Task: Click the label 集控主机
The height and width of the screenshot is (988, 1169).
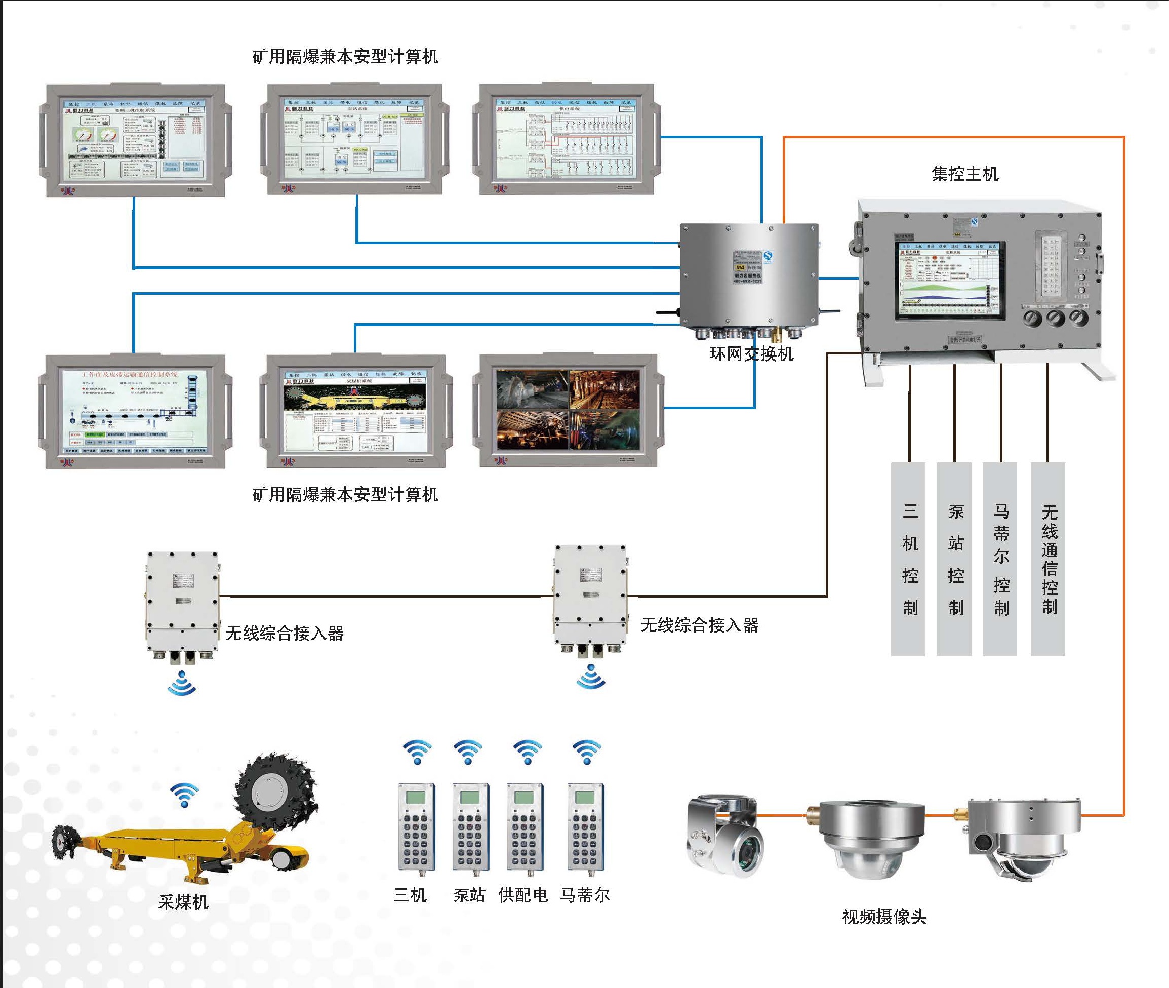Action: click(964, 174)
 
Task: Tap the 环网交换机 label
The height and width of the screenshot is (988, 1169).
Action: click(751, 354)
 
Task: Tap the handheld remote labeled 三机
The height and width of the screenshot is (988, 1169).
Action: click(416, 827)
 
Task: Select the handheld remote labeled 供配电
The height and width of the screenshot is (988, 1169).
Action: click(525, 827)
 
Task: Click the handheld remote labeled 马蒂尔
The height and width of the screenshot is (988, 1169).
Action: click(586, 827)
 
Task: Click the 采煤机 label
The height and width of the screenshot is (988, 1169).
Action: click(183, 902)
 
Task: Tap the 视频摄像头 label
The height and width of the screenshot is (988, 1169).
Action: click(884, 917)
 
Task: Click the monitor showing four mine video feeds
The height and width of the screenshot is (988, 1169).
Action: click(567, 410)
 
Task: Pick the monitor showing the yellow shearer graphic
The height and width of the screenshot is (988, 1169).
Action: click(355, 411)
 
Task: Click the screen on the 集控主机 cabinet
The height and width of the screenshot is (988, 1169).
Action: click(950, 281)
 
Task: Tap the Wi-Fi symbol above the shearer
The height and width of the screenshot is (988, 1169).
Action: click(184, 794)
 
